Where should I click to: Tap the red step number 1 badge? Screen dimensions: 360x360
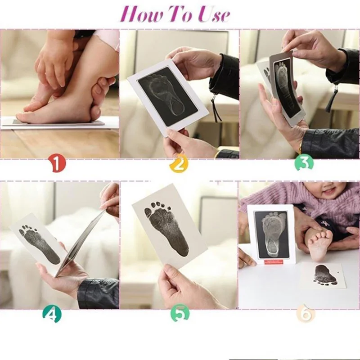[x=57, y=164]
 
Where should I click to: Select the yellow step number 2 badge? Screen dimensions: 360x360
[x=179, y=164]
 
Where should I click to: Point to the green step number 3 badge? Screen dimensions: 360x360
[x=303, y=162]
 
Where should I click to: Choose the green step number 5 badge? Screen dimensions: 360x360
[x=180, y=313]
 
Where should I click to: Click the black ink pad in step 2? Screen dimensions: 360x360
[x=168, y=96]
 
